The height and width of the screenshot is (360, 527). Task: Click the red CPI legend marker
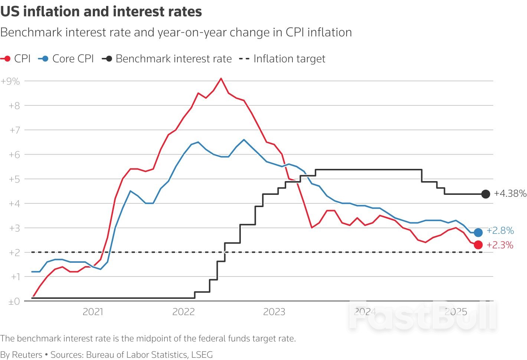point(6,59)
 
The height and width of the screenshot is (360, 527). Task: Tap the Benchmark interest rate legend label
point(173,59)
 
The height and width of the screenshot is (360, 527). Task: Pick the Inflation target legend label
point(289,59)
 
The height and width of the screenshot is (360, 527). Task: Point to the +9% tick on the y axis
point(10,81)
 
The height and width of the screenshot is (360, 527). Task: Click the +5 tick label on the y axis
point(14,179)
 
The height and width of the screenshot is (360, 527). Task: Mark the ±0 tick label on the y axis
point(14,302)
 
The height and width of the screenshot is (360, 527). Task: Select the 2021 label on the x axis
point(93,312)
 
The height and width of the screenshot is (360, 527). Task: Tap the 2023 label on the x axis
point(274,312)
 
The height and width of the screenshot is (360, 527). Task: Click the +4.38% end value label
point(510,193)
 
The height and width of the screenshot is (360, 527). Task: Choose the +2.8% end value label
point(500,230)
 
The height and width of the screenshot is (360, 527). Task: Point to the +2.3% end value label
point(500,245)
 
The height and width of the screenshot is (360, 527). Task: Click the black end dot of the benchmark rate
point(485,194)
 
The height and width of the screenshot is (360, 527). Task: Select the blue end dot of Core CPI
point(478,232)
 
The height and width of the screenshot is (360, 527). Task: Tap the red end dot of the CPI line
point(478,245)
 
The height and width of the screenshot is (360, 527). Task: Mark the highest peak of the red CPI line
point(221,78)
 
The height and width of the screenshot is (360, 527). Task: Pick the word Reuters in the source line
point(27,355)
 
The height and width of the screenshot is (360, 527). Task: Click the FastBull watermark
point(422,317)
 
